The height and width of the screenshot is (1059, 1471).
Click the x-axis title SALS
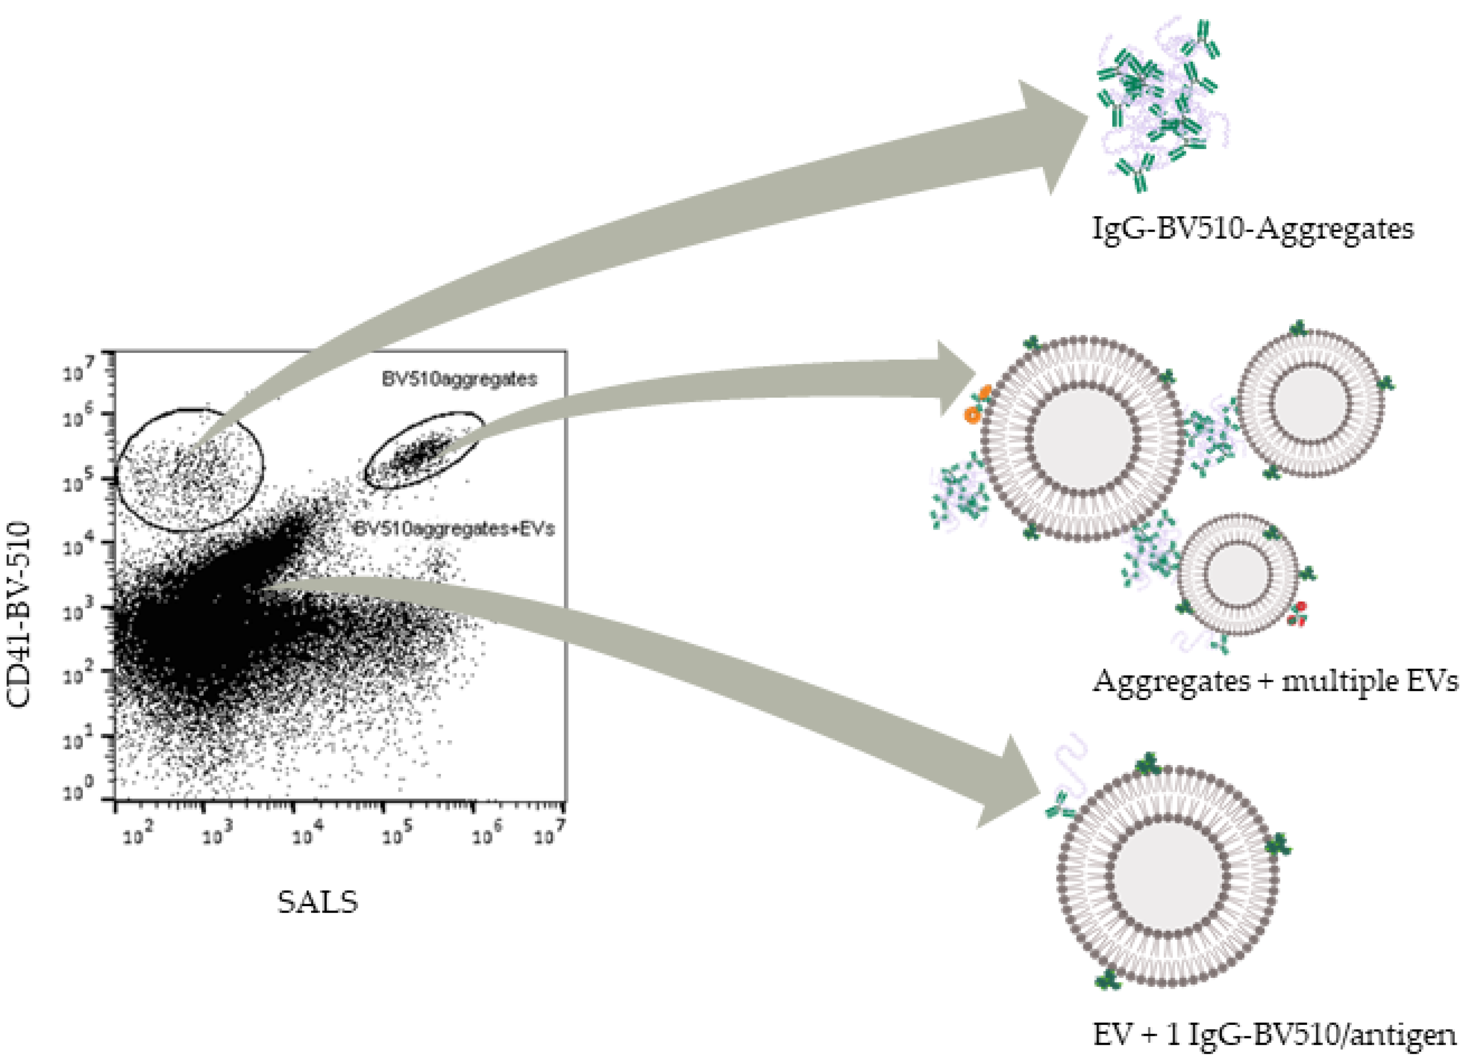pos(317,901)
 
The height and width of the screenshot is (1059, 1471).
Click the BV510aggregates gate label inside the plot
pos(459,379)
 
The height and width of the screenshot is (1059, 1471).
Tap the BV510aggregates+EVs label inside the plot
pos(454,529)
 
